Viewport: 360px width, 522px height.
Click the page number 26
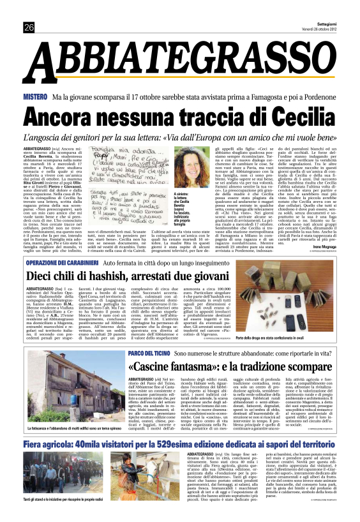29,27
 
